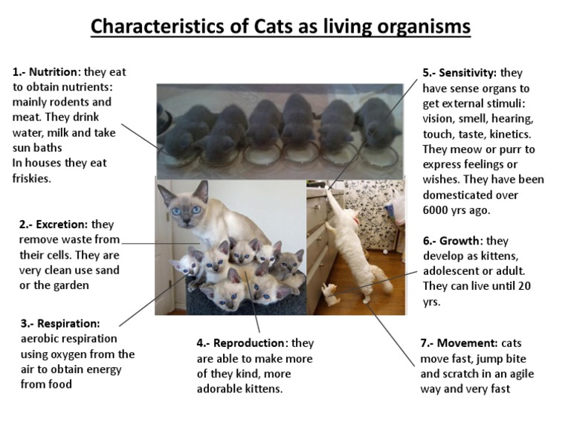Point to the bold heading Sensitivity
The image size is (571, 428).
468,73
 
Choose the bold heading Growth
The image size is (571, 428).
462,241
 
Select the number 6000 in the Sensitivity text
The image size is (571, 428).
438,210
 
